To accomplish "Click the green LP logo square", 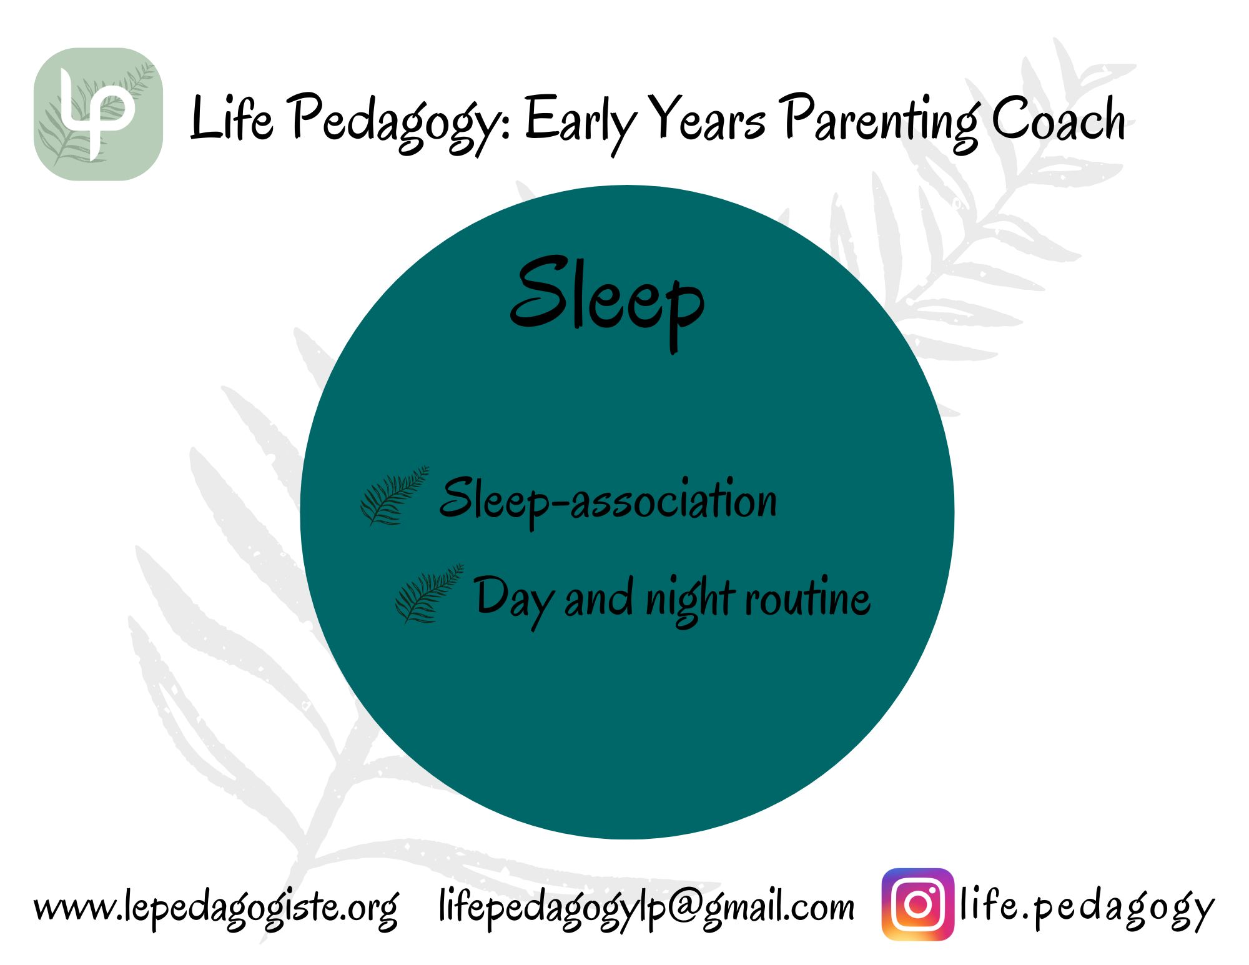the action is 98,114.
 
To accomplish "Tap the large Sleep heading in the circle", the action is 607,302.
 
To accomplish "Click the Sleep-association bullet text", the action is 608,500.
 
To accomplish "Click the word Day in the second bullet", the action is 513,600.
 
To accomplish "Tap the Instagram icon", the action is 917,904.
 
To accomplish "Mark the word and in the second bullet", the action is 599,598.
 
